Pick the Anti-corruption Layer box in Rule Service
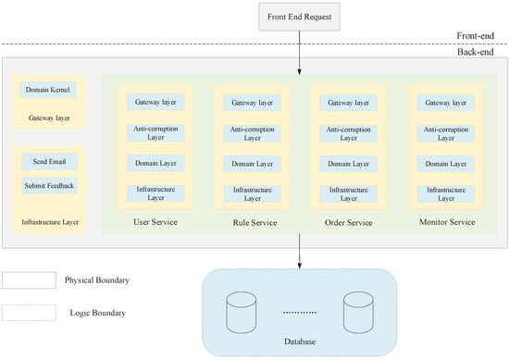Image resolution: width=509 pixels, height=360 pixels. click(x=252, y=132)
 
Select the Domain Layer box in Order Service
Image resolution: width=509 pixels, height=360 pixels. click(x=348, y=163)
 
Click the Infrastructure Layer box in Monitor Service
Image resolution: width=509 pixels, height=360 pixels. click(x=444, y=193)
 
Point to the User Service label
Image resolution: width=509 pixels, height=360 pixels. click(x=155, y=222)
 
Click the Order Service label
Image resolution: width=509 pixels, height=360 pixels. click(x=348, y=222)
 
